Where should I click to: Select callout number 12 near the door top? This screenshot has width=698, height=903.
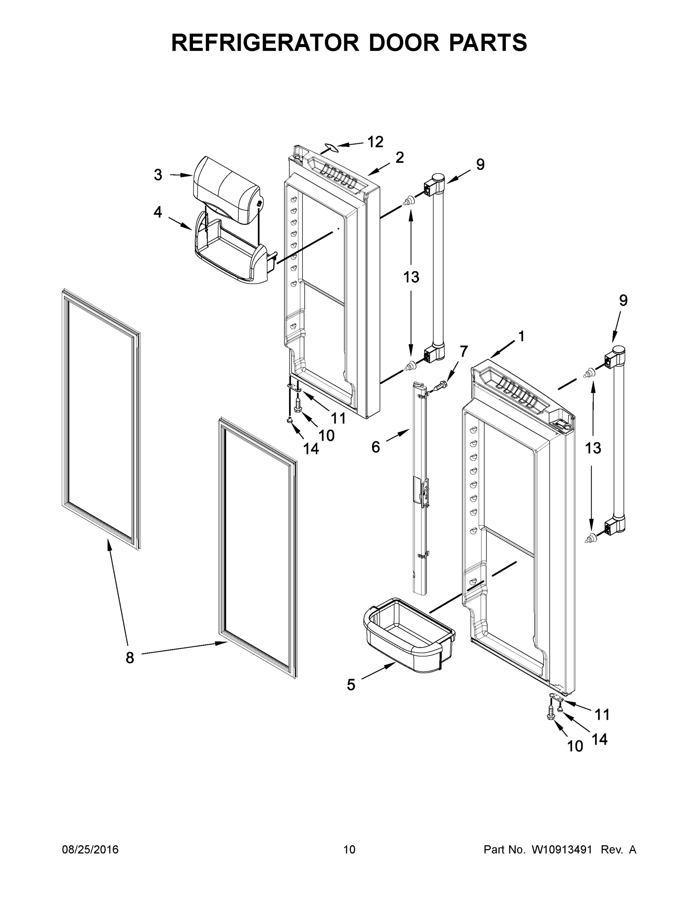pos(376,142)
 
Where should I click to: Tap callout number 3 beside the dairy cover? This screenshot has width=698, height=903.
pos(158,175)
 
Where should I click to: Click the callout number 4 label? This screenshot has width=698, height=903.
pos(158,212)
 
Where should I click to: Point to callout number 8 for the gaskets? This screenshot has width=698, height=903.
pos(130,658)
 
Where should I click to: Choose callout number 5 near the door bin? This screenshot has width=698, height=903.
pos(351,685)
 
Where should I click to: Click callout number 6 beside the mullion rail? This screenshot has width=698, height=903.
pos(375,447)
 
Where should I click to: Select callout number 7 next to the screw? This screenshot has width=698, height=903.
pos(464,351)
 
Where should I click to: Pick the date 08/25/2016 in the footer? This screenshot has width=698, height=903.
pos(90,849)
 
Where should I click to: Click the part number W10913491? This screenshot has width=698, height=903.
pos(561,849)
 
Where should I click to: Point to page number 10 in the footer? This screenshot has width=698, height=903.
pos(350,849)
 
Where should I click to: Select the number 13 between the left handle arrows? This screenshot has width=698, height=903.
pos(411,277)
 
